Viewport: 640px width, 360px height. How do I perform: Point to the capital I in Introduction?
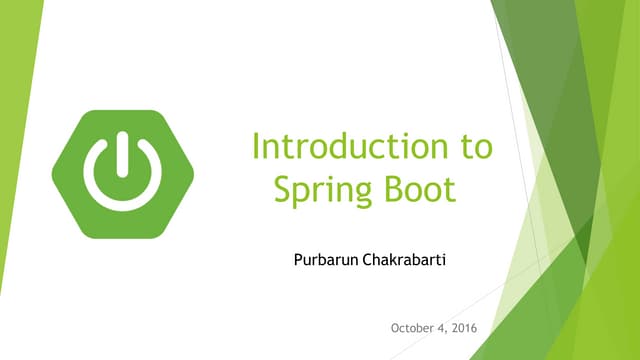(x=257, y=147)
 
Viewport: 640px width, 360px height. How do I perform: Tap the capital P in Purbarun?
(x=291, y=260)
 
